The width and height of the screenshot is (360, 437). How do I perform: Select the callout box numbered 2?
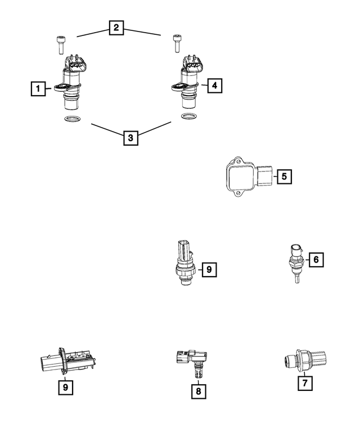point(116,28)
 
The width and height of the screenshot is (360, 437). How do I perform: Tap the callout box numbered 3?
point(130,137)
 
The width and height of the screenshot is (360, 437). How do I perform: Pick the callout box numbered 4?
point(214,85)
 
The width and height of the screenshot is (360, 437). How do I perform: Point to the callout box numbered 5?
point(284,177)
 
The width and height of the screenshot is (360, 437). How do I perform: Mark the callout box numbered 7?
point(304,383)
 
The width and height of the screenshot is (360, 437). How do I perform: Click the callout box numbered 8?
point(199,389)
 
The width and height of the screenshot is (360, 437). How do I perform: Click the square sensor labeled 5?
point(245,177)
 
